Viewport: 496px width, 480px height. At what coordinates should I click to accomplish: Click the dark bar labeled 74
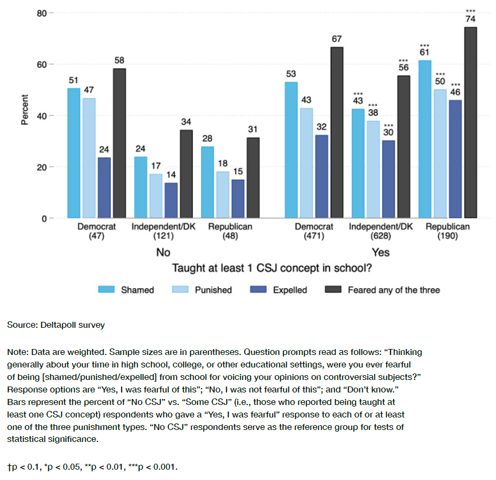[x=470, y=123]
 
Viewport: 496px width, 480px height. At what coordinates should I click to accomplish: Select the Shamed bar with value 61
[x=425, y=139]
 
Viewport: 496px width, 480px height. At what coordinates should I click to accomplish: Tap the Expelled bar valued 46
[x=455, y=159]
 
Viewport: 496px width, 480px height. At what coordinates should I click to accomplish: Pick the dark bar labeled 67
[x=337, y=133]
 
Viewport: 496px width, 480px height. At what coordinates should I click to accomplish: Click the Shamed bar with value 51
[x=74, y=153]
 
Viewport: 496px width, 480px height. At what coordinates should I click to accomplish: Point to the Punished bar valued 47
[x=89, y=158]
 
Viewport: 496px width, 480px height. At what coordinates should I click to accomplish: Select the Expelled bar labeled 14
[x=171, y=201]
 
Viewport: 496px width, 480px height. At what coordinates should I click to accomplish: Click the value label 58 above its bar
[x=120, y=59]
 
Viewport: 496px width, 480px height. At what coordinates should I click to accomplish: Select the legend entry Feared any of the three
[x=386, y=290]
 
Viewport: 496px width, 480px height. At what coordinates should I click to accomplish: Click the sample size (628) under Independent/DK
[x=380, y=236]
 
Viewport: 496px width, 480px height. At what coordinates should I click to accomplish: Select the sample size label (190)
[x=448, y=236]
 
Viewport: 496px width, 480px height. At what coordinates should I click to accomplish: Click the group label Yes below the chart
[x=380, y=252]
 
